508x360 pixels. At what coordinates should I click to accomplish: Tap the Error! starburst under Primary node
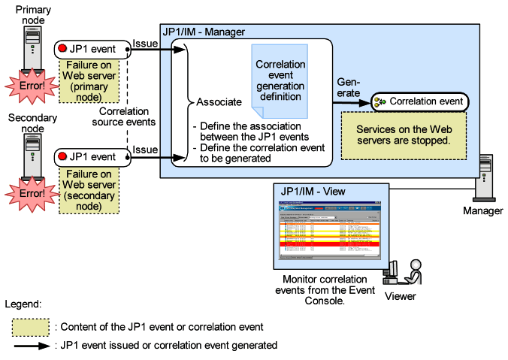tap(27, 86)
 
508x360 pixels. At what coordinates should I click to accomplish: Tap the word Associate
tap(219, 101)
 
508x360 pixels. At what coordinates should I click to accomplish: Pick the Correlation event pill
tap(419, 101)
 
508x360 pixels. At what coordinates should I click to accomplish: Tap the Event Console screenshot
tap(331, 229)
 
